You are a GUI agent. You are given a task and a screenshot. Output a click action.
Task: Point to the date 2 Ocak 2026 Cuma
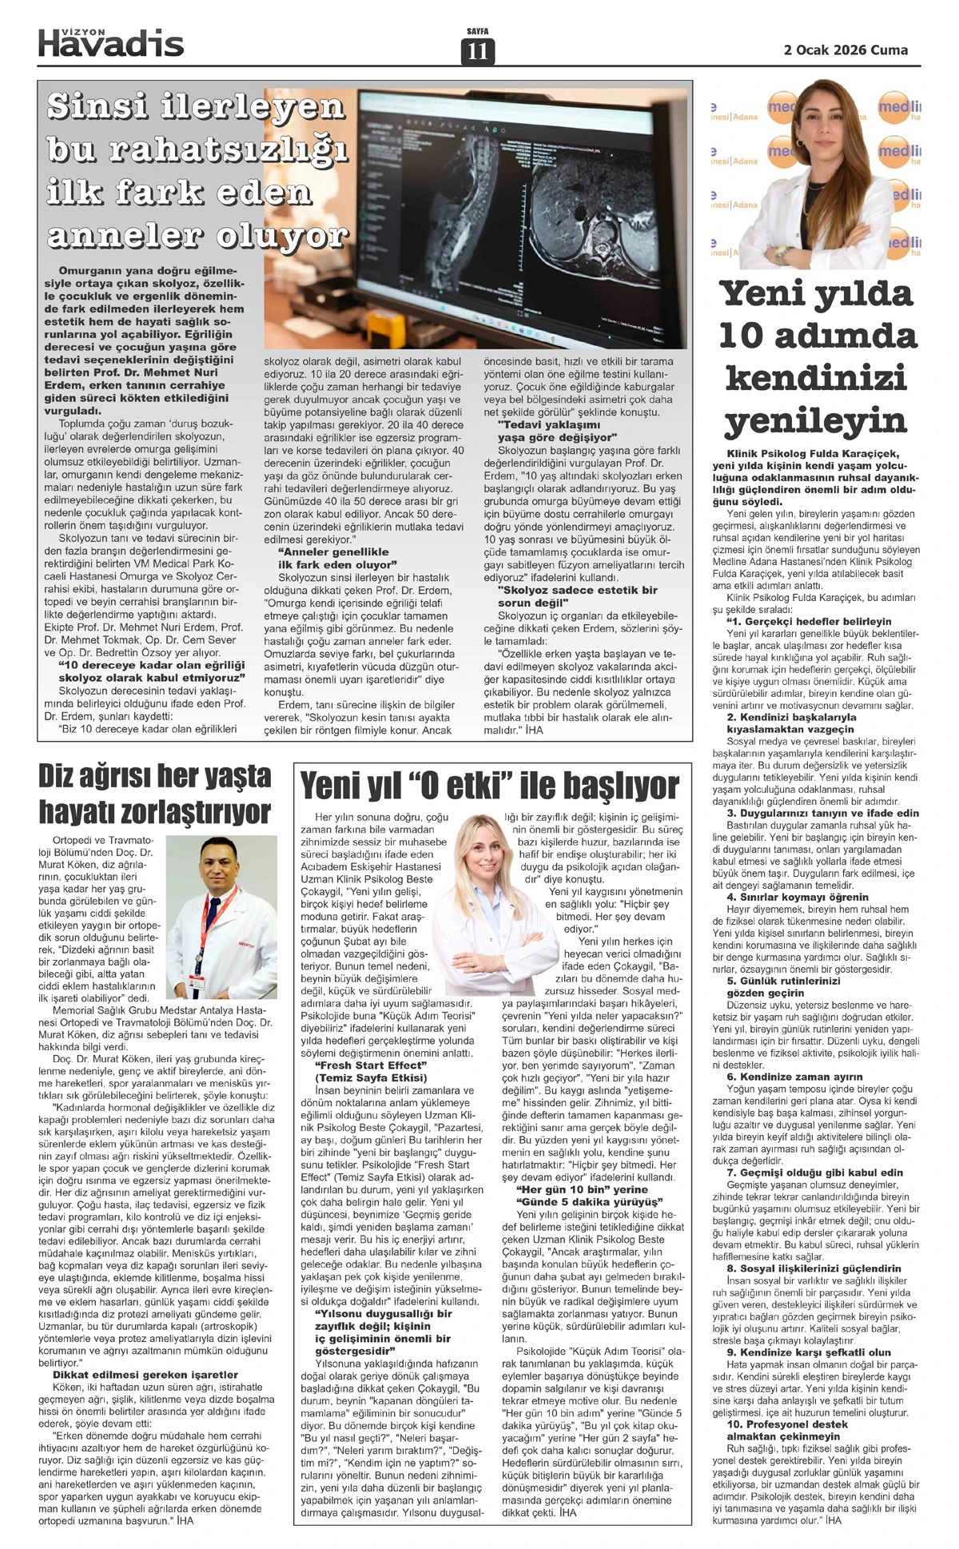846,50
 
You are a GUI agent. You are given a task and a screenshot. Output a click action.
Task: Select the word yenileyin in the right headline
816,420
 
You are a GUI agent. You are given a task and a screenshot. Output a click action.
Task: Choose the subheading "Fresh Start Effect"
367,1065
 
